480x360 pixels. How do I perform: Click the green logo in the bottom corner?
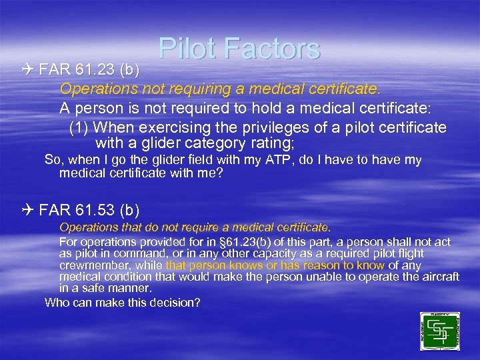pyautogui.click(x=439, y=331)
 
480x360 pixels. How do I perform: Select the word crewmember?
pyautogui.click(x=91, y=265)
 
